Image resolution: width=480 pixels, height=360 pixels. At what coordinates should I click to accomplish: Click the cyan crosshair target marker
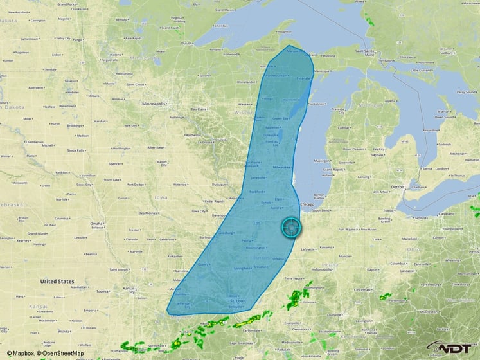(x=291, y=228)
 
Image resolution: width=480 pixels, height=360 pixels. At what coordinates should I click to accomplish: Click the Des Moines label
(x=148, y=213)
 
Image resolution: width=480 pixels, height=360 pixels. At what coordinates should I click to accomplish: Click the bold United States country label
(x=57, y=282)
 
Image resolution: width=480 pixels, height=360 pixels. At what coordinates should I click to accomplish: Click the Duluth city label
(x=187, y=43)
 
